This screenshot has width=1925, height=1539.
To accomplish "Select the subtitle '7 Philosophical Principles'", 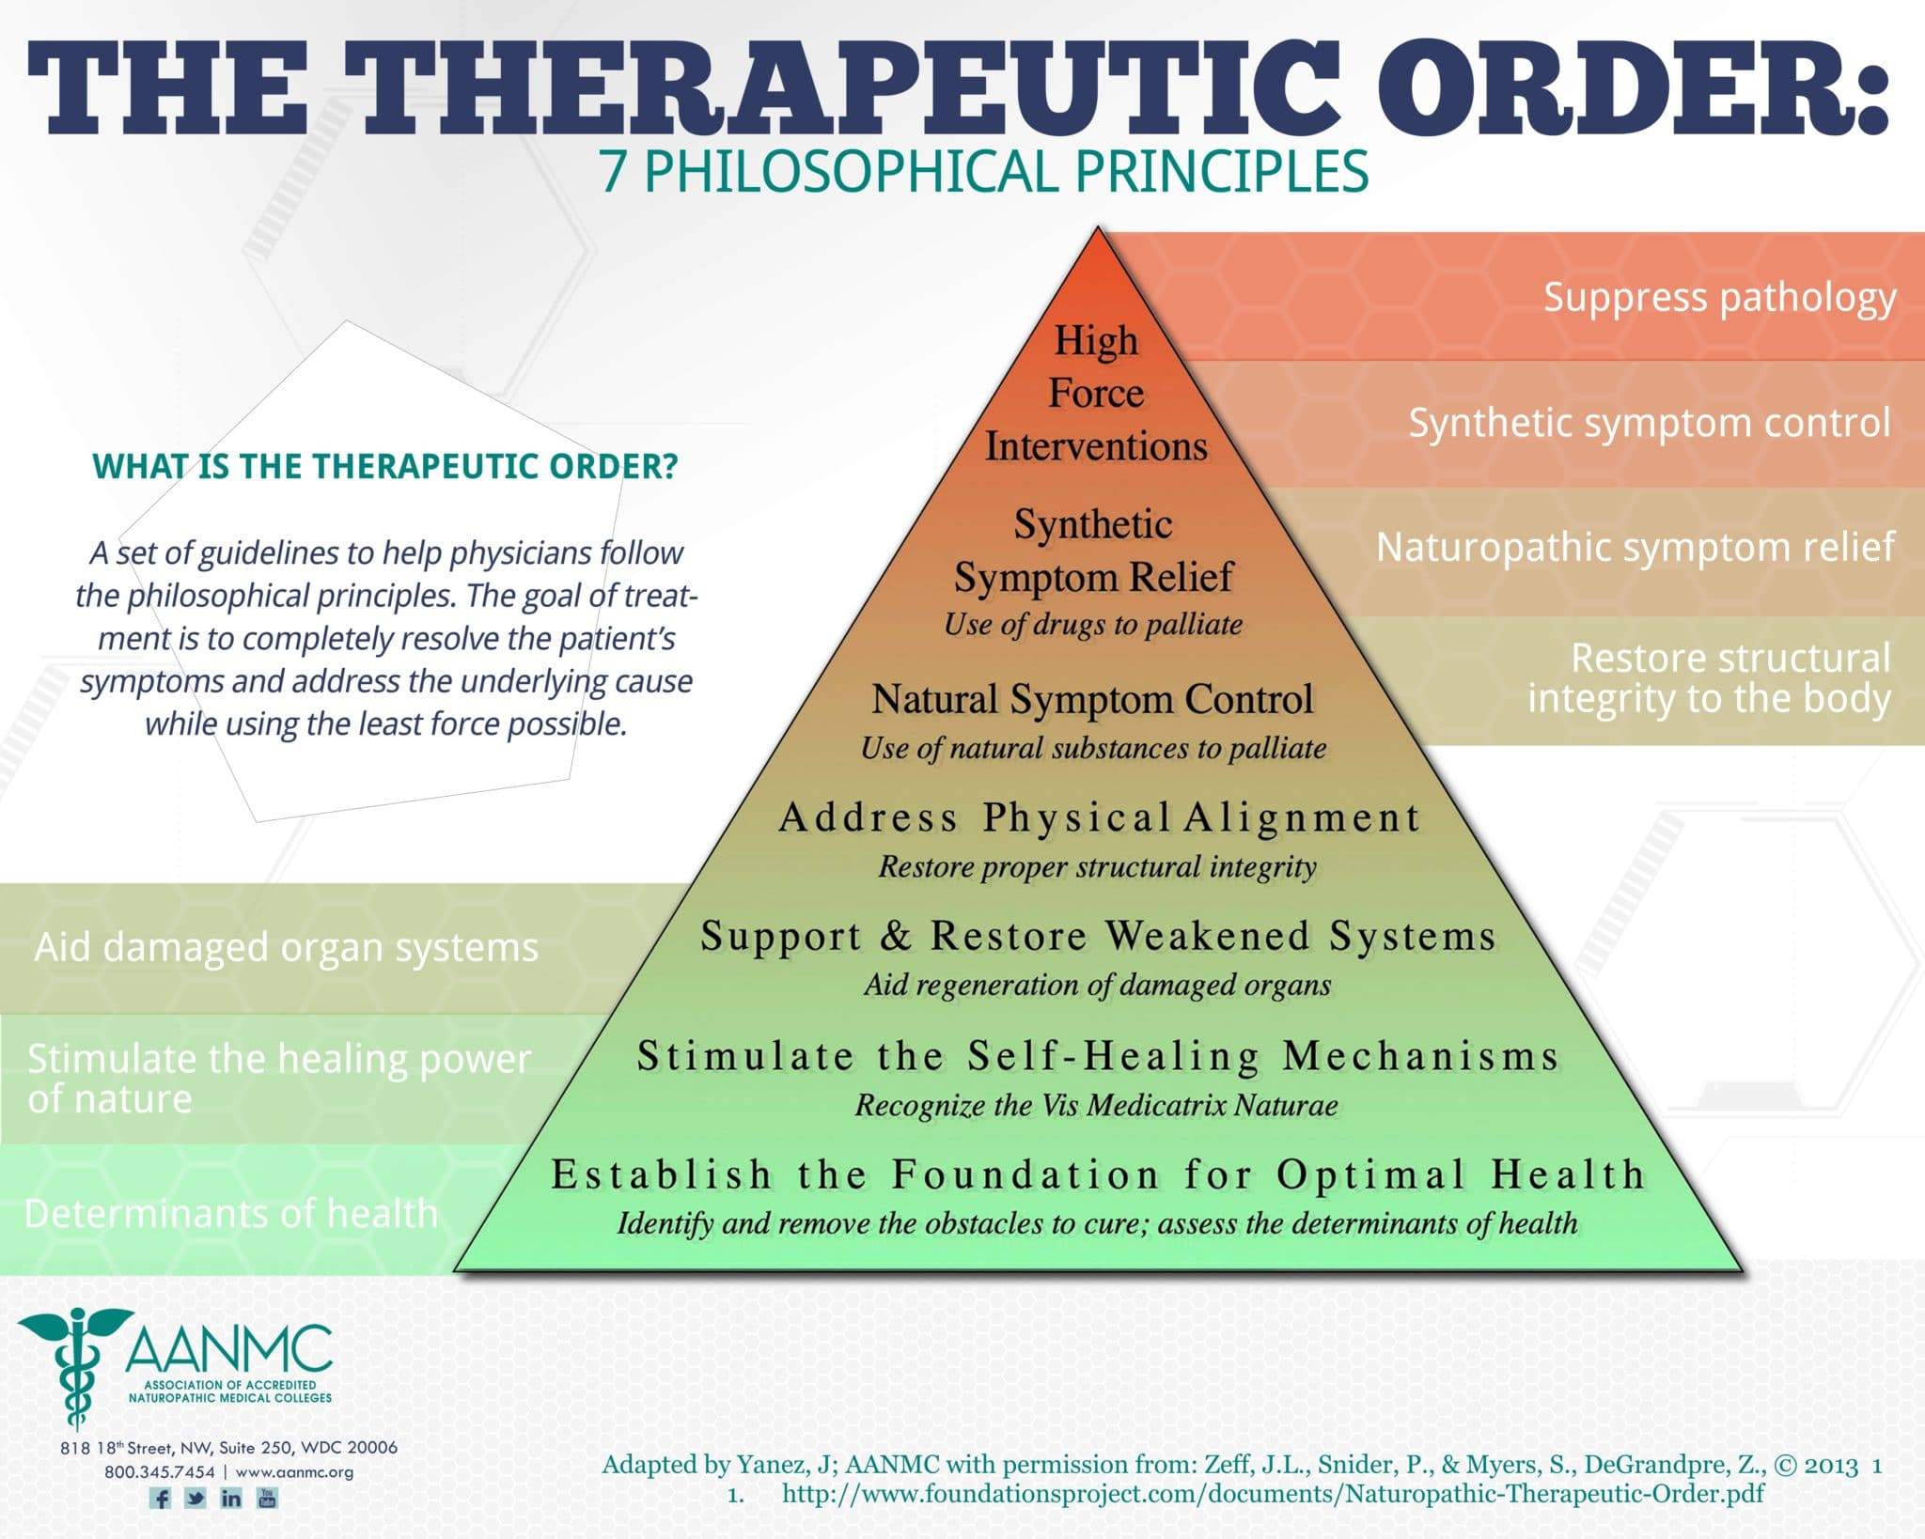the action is [984, 173].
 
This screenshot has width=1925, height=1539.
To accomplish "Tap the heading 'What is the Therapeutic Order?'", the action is [385, 466].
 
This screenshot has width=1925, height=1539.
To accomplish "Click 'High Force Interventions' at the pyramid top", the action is [1096, 393].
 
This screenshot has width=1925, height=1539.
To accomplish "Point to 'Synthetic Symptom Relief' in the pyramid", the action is [1093, 551].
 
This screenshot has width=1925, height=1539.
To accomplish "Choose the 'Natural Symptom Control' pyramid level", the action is [1092, 700].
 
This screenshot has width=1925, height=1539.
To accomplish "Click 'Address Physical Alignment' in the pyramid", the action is [1099, 817].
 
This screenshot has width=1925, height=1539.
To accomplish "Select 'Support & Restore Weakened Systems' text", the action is [1098, 936].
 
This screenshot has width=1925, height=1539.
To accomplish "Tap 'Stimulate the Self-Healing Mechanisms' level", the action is [1098, 1056].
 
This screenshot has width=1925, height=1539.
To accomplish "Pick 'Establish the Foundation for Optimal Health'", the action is [1098, 1174].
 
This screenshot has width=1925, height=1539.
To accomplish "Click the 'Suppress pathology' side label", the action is [1720, 299].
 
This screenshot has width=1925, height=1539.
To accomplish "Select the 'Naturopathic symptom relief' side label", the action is [1635, 548].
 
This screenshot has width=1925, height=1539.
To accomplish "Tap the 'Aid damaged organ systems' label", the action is [287, 947].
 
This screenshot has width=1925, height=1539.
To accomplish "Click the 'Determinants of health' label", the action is [231, 1213].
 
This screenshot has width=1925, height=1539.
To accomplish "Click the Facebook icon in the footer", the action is [161, 1498].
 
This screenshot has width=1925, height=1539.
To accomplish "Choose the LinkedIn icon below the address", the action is [231, 1498].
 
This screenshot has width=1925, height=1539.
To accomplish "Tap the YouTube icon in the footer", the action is [267, 1498].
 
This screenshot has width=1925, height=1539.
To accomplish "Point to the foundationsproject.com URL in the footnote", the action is [1274, 1493].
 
